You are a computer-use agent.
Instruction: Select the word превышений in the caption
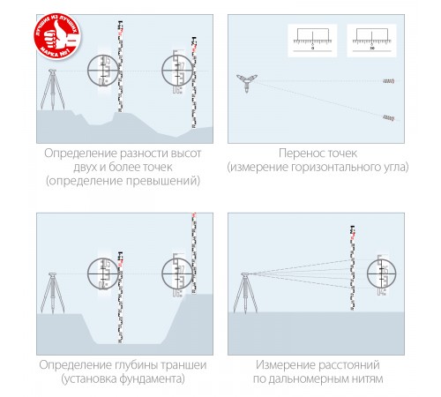[x=161, y=181]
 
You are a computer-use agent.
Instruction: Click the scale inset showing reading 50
[x=371, y=41]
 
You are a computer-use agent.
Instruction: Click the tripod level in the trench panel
[x=51, y=282]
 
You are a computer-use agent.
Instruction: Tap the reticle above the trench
[x=106, y=271]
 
